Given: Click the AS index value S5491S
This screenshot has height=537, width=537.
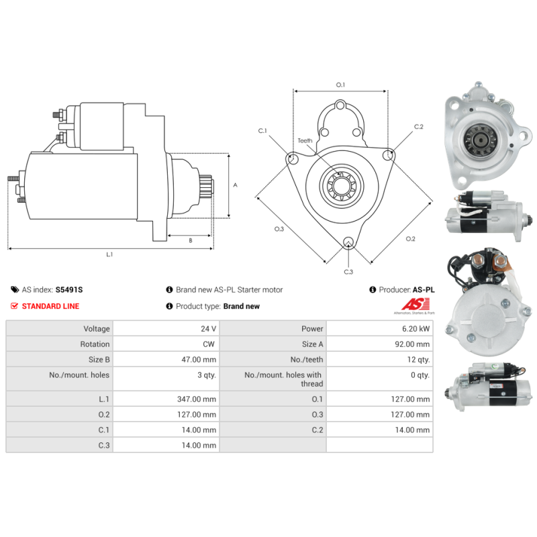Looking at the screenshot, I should click(x=69, y=290).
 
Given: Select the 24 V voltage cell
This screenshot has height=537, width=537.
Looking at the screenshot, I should click(x=208, y=329).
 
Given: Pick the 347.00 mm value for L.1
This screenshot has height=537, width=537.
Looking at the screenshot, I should click(x=196, y=399).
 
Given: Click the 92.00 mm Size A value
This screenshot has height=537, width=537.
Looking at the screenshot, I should click(x=413, y=344).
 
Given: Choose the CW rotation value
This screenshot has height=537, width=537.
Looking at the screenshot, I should click(x=209, y=344).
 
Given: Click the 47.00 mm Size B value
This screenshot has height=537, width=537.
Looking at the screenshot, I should click(x=198, y=360).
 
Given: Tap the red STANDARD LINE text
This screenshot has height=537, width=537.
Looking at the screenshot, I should click(x=50, y=306).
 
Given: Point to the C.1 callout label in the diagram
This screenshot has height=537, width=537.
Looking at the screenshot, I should click(x=263, y=130).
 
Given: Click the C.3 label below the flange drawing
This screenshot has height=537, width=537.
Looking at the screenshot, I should click(x=348, y=272).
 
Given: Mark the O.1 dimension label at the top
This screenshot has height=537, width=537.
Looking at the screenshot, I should click(x=340, y=85).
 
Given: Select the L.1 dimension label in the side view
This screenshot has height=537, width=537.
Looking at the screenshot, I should click(x=109, y=254).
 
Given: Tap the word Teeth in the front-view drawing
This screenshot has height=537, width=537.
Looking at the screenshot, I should click(x=305, y=141).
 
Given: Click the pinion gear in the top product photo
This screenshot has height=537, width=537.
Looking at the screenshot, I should click(x=481, y=139).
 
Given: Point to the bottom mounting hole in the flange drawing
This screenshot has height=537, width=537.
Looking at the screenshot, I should click(x=348, y=243).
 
